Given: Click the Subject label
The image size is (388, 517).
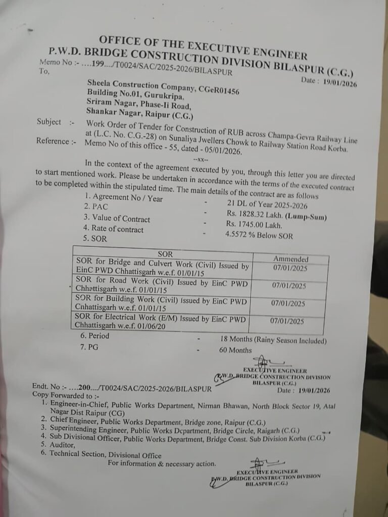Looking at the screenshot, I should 48,122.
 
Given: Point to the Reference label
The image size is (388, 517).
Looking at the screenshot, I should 52,141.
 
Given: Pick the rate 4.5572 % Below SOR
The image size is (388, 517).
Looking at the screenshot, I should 259,235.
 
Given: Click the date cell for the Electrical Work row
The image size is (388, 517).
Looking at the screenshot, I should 287,321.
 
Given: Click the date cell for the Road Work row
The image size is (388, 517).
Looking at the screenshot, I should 288,286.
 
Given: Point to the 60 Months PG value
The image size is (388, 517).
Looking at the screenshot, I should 235,350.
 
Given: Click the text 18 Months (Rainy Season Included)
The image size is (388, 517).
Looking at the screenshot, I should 273,340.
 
